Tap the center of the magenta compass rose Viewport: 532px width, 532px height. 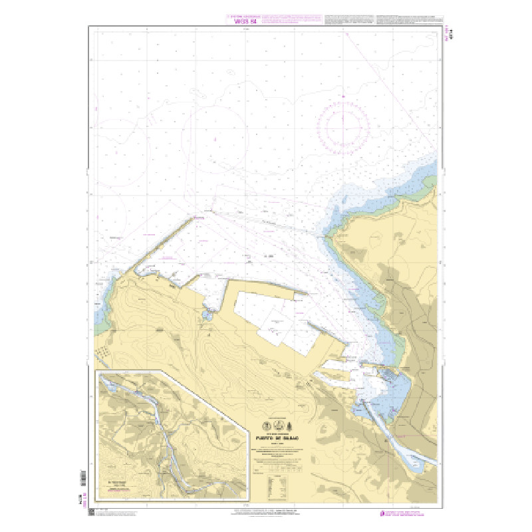[344, 124]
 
